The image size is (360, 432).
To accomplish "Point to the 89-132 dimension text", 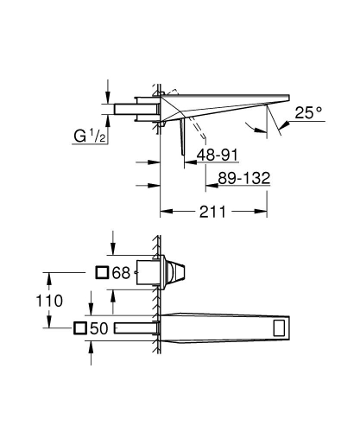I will pyautogui.click(x=240, y=177).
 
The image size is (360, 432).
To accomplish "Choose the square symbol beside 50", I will pyautogui.click(x=82, y=328).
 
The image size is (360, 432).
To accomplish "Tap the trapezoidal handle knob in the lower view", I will pyautogui.click(x=177, y=272).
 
